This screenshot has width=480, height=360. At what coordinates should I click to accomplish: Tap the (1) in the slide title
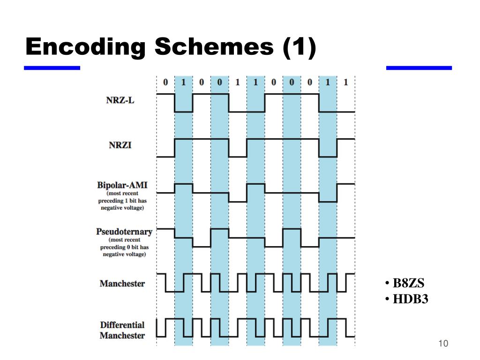coord(299,48)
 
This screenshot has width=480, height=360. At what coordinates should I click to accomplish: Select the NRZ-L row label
coord(120,100)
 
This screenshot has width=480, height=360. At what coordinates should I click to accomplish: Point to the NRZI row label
coord(120,145)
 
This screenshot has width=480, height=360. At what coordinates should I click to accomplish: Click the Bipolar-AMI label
coord(122,184)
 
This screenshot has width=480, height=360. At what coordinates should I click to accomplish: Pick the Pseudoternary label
coord(124,232)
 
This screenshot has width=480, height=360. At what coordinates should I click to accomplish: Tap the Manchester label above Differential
coord(122,284)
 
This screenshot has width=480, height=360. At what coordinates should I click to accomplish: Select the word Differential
coord(122,325)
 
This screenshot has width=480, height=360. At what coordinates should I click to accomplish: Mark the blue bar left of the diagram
coord(52,68)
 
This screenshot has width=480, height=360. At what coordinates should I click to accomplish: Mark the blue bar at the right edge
coord(419,68)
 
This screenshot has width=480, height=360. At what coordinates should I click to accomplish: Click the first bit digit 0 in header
coord(165,82)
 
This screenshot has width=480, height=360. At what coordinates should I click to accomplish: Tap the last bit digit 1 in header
coord(345,82)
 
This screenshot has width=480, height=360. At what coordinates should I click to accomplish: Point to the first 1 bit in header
coord(183,82)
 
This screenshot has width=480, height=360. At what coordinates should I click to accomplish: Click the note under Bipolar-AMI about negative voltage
coord(122,200)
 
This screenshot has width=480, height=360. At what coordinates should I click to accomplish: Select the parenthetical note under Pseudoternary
coord(124,247)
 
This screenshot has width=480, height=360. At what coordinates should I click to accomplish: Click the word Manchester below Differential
coord(122,336)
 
